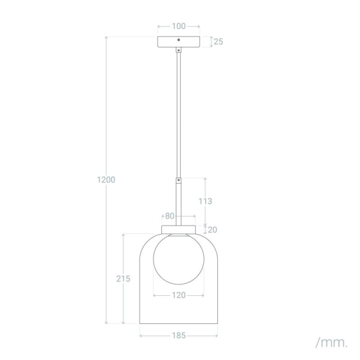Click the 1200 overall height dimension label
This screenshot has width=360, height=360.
pyautogui.click(x=106, y=179)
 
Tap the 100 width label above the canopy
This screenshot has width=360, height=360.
pyautogui.click(x=179, y=26)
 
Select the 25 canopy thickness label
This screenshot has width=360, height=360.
pyautogui.click(x=218, y=41)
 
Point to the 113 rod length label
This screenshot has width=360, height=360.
pyautogui.click(x=205, y=201)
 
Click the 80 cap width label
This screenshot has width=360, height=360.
pyautogui.click(x=170, y=216)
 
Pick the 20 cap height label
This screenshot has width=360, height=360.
pyautogui.click(x=212, y=230)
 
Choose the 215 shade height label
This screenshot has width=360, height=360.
pyautogui.click(x=123, y=279)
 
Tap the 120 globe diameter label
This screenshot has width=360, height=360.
pyautogui.click(x=179, y=295)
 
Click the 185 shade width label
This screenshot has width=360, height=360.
pyautogui.click(x=179, y=335)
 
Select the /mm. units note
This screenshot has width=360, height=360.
pyautogui.click(x=331, y=343)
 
